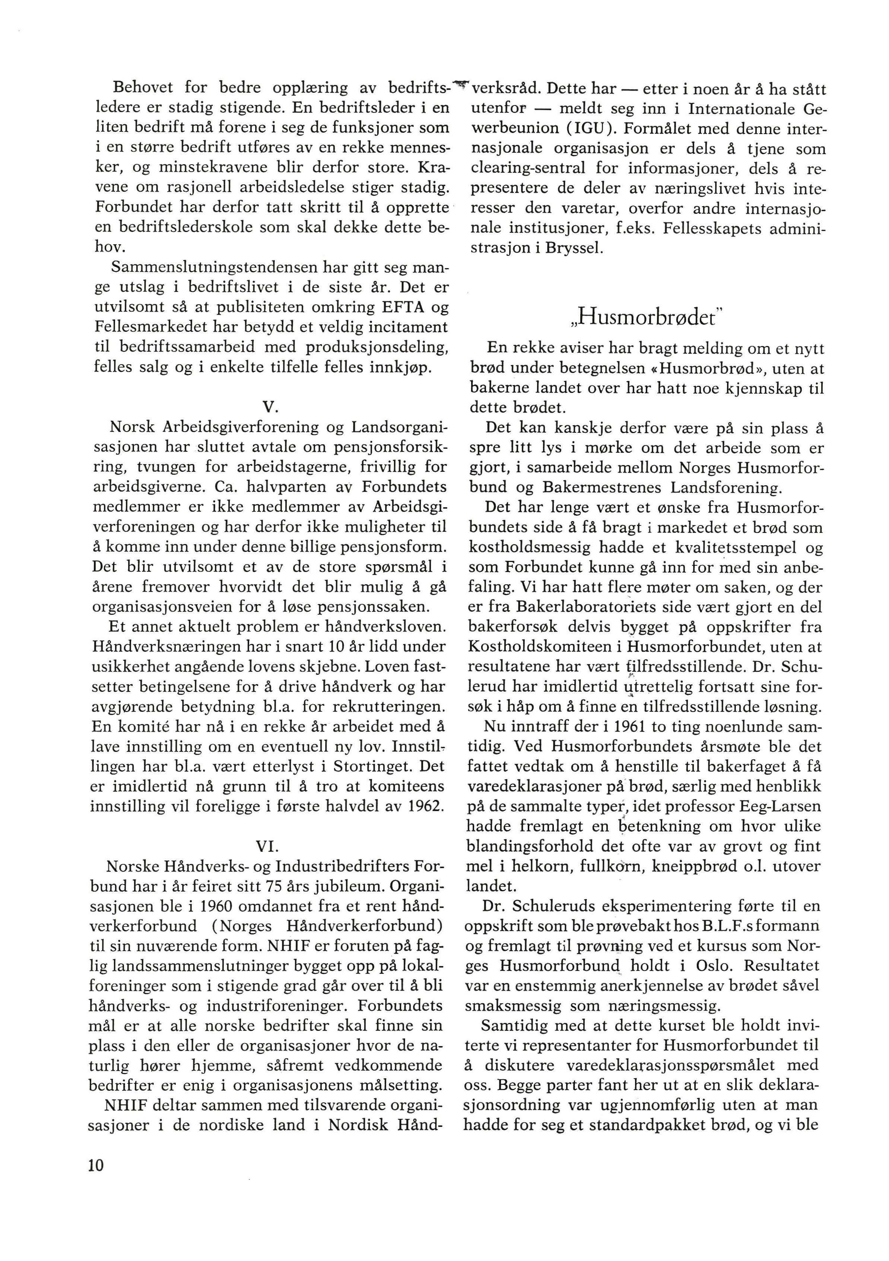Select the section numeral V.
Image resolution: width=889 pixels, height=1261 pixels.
[x=269, y=407]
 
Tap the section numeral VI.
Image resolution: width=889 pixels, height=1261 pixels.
[x=269, y=846]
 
